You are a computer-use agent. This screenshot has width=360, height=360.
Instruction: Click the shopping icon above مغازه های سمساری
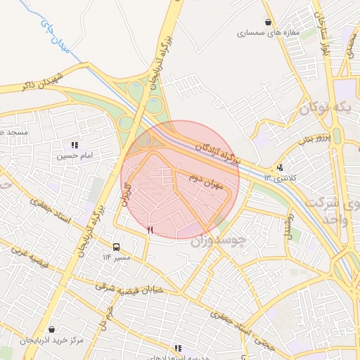click(x=267, y=22)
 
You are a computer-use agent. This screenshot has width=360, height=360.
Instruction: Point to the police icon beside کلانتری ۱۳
click(x=281, y=167)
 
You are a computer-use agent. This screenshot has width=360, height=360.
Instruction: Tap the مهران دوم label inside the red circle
click(x=205, y=181)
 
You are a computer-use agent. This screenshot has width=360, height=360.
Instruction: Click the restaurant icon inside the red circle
click(x=149, y=230)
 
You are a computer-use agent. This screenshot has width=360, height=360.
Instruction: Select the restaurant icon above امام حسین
click(x=75, y=145)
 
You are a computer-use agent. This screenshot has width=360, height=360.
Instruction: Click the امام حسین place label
click(x=75, y=155)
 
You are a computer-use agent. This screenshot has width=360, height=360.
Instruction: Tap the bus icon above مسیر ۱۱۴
click(x=116, y=247)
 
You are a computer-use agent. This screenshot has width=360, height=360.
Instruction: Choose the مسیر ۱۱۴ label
click(x=116, y=257)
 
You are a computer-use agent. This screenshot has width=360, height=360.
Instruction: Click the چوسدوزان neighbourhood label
click(x=219, y=241)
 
